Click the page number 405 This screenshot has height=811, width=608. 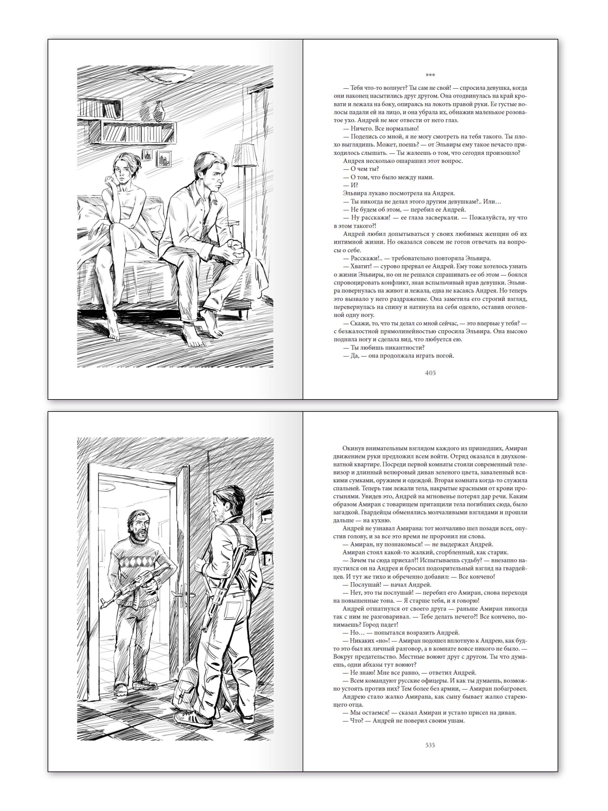(x=430, y=373)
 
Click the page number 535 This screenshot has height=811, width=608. (x=430, y=745)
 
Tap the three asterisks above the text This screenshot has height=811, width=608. (x=430, y=75)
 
